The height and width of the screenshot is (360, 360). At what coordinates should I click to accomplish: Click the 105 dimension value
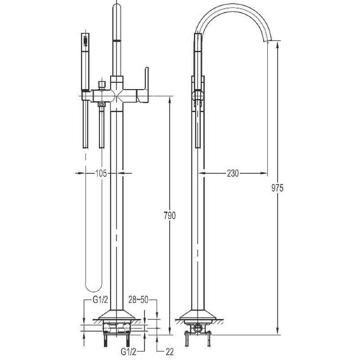[x=101, y=173]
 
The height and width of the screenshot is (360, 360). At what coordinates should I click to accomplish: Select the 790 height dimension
[x=170, y=216]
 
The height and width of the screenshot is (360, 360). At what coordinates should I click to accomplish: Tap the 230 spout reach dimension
[x=233, y=173]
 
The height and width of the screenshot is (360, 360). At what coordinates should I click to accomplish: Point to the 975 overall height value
[x=277, y=188]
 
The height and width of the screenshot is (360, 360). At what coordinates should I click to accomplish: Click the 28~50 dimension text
[x=138, y=300]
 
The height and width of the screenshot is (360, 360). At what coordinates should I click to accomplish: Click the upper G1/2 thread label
[x=100, y=300]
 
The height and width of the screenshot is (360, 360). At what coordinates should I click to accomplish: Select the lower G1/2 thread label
[x=129, y=351]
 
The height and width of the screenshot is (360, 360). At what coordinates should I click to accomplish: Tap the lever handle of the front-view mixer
[x=144, y=85]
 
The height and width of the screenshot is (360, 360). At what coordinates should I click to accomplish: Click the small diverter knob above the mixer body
[x=101, y=85]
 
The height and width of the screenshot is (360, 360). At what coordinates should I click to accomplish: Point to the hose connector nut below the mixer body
[x=102, y=105]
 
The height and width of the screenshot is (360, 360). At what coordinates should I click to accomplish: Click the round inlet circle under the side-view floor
[x=197, y=328]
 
